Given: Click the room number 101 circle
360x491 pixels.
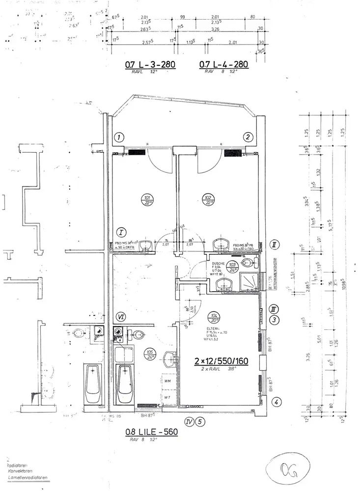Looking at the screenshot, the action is [x=147, y=201].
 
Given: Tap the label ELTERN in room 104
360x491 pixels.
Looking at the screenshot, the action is [x=213, y=328].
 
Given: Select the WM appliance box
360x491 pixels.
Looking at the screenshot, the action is [x=167, y=381].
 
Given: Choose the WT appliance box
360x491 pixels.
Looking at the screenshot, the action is [x=167, y=397].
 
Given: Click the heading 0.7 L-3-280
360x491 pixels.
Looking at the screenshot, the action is [x=150, y=64].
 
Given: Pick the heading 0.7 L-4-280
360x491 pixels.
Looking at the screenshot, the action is [x=223, y=64].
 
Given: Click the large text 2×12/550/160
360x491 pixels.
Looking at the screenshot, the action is [x=222, y=361].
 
